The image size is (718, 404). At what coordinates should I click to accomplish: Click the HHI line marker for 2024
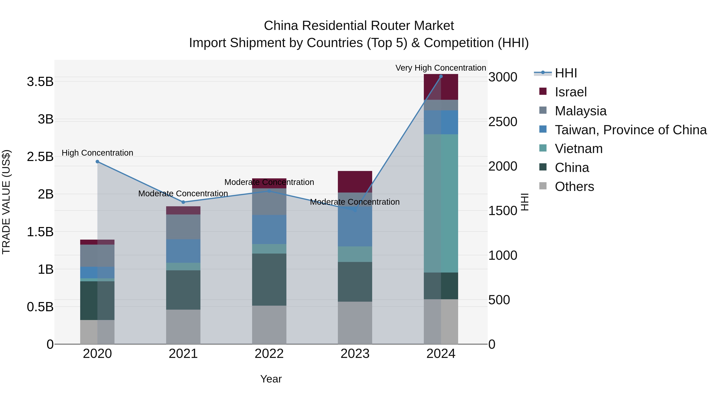click(441, 76)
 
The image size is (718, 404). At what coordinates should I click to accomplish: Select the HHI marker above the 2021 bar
click(183, 202)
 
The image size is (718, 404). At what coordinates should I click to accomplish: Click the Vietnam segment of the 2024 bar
click(441, 203)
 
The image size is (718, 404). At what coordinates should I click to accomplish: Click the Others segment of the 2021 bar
click(183, 327)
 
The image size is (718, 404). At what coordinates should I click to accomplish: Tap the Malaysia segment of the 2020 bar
click(97, 256)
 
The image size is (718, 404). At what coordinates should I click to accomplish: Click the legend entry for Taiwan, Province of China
click(630, 130)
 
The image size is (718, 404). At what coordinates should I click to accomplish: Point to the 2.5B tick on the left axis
click(40, 157)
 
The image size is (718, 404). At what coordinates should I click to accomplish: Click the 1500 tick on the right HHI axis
click(503, 211)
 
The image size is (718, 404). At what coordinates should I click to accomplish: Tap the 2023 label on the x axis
click(355, 354)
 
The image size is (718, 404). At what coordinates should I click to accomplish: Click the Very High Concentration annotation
click(441, 68)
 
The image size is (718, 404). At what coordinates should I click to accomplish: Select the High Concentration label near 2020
click(97, 153)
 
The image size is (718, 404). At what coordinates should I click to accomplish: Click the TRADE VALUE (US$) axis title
click(6, 202)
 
